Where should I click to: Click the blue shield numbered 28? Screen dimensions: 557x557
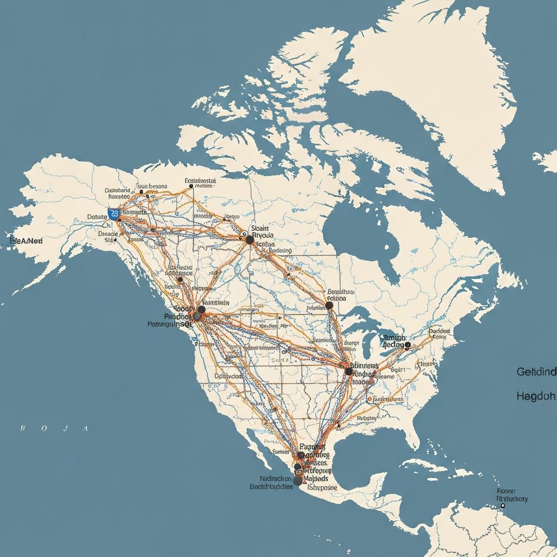114,214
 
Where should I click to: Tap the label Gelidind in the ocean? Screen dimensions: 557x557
536,372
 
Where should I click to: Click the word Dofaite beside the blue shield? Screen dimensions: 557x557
98,216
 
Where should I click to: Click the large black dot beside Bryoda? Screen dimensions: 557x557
250,239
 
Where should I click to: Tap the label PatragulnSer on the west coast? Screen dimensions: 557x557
170,324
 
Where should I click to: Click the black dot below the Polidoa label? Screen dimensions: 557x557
329,306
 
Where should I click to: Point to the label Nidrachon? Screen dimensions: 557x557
275,479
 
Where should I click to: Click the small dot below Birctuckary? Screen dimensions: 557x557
503,505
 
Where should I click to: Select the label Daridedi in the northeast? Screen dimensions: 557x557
440,331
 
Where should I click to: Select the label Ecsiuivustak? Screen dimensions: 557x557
201,180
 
